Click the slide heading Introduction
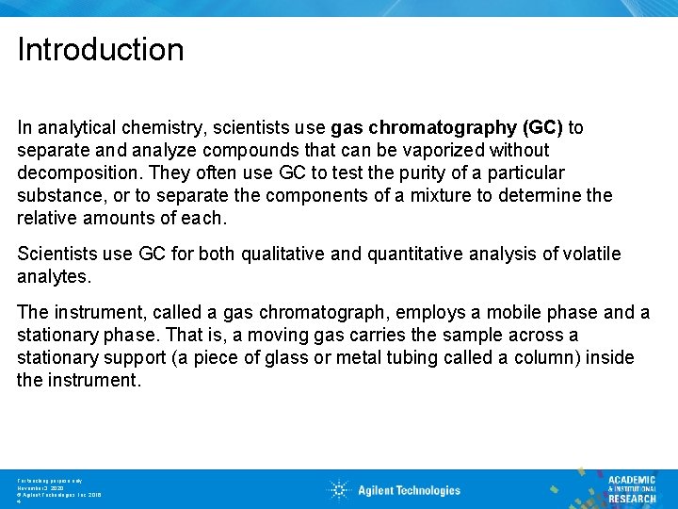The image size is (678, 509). pos(101,49)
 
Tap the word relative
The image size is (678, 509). pos(47,218)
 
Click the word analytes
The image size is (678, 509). pos(51,276)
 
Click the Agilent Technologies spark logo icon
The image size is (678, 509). pos(339,489)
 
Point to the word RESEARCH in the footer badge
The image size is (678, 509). pos(632,499)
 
